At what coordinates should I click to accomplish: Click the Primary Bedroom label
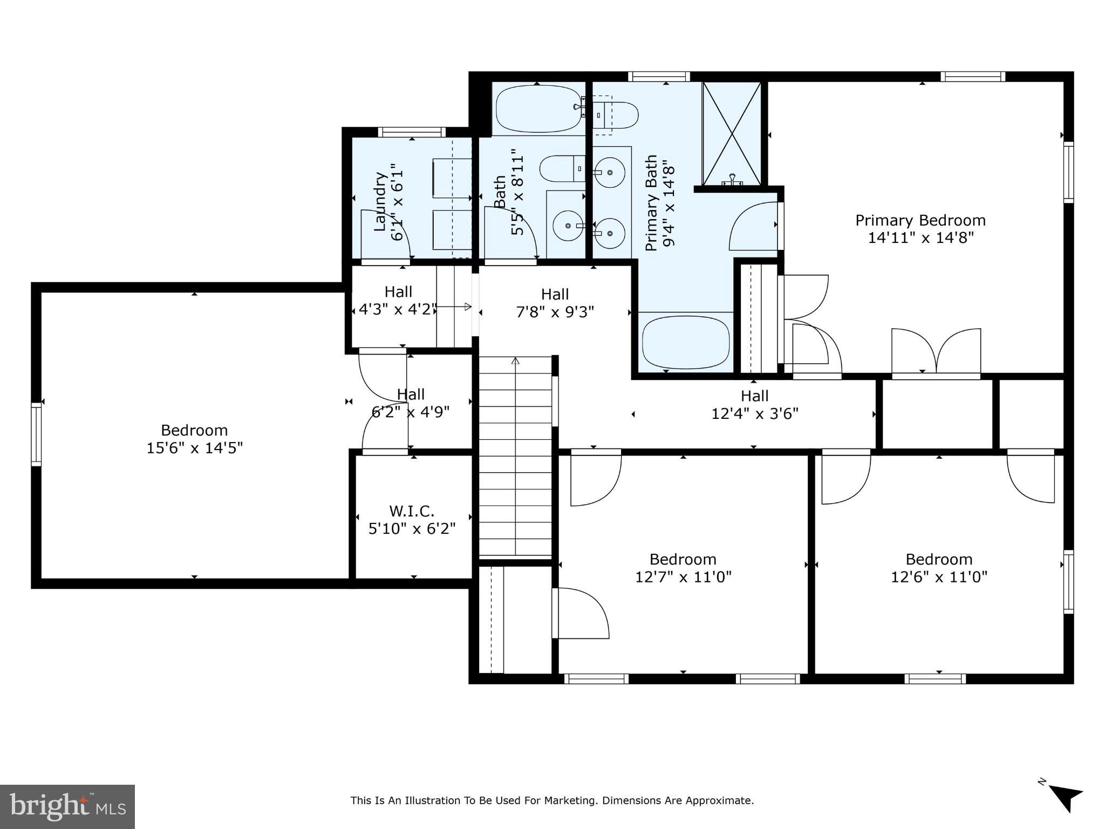pyautogui.click(x=920, y=221)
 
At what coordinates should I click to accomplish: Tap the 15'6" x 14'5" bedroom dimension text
pyautogui.click(x=194, y=448)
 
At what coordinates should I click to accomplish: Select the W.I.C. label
pyautogui.click(x=412, y=511)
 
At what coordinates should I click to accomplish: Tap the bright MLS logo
pyautogui.click(x=67, y=806)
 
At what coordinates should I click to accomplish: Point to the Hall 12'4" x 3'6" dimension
pyautogui.click(x=754, y=414)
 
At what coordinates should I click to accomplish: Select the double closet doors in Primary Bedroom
pyautogui.click(x=936, y=351)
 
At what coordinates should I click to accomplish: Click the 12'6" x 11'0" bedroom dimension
pyautogui.click(x=939, y=577)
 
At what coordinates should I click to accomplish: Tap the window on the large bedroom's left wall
pyautogui.click(x=36, y=434)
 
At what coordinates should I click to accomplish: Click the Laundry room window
pyautogui.click(x=412, y=132)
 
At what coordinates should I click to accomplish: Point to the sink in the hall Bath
pyautogui.click(x=567, y=226)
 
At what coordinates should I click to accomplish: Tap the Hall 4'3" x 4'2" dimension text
pyautogui.click(x=397, y=310)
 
